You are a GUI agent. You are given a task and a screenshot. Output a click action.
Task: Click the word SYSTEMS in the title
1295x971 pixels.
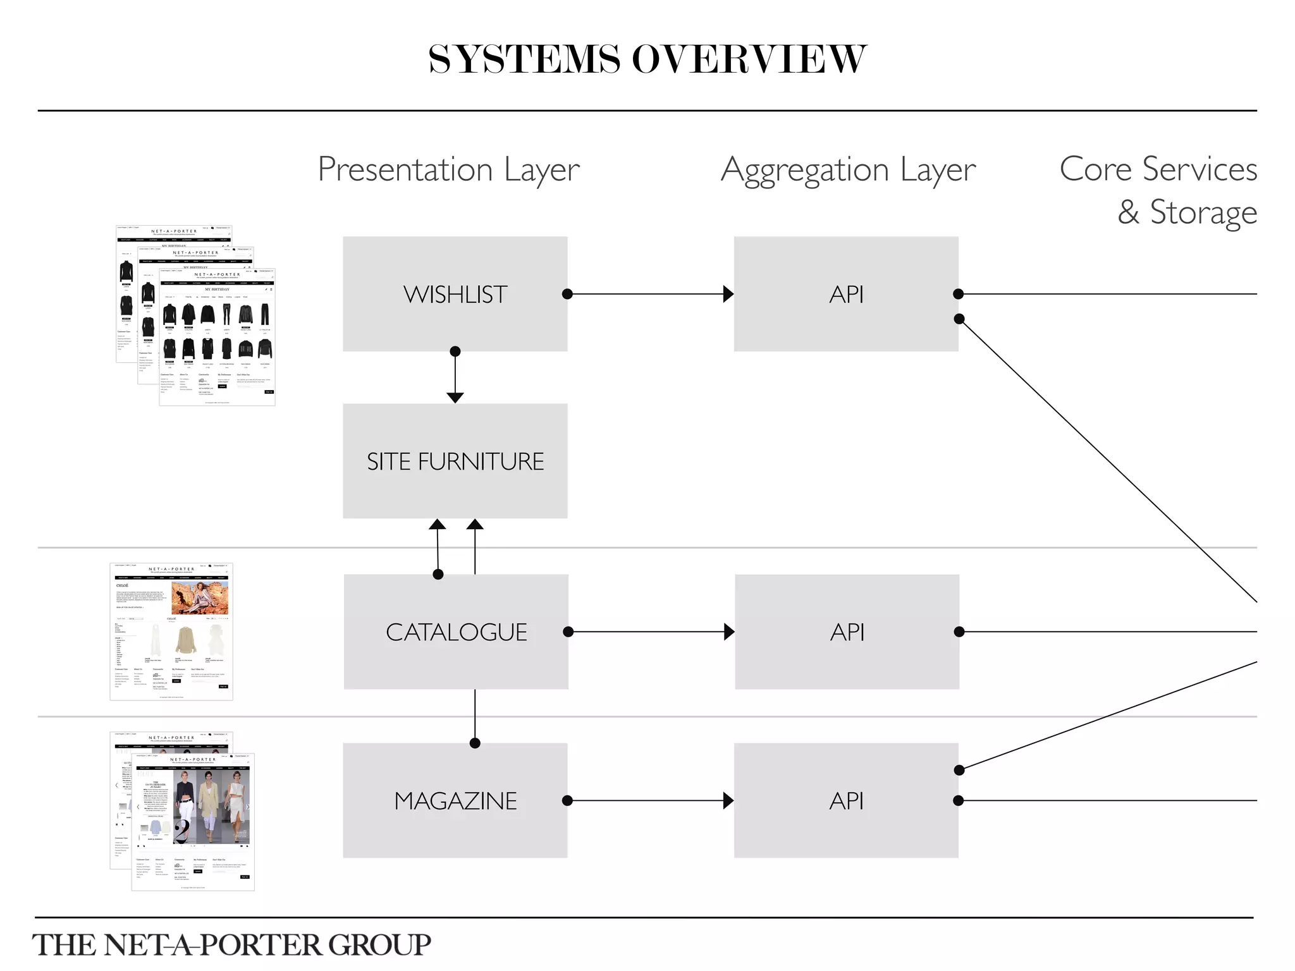point(524,60)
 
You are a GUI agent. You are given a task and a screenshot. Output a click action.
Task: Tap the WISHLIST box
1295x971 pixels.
point(455,294)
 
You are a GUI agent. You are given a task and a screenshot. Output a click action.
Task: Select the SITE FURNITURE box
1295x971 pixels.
point(455,461)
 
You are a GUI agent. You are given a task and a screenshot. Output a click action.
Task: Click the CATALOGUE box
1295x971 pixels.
point(456,632)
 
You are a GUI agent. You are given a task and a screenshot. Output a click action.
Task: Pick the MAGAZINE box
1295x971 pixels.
point(455,800)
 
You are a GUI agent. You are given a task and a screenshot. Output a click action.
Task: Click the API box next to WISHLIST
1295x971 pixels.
point(846,294)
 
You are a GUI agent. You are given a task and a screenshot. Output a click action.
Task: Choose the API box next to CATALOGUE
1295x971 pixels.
point(847,632)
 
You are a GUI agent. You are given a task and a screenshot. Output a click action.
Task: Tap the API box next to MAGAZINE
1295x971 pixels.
point(846,800)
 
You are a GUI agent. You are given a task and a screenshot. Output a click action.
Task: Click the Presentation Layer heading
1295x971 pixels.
point(448,169)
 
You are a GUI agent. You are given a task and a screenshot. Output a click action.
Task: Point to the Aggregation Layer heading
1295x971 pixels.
point(848,169)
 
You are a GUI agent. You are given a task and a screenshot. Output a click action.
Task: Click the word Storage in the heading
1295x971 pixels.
point(1203,212)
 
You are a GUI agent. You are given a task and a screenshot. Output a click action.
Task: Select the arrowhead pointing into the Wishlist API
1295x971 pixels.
point(728,294)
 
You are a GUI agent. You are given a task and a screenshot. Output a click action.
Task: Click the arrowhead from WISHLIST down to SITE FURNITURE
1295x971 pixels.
point(455,398)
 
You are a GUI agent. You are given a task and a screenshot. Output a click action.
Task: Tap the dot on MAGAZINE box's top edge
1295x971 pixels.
point(475,743)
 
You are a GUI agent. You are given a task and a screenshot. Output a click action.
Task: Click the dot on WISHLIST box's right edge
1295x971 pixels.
point(567,294)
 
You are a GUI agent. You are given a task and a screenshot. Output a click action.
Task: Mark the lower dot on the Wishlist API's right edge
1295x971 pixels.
point(959,319)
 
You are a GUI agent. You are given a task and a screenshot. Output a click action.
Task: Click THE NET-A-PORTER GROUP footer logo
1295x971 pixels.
point(231,945)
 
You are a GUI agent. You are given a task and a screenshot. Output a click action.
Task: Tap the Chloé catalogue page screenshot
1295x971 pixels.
point(171,632)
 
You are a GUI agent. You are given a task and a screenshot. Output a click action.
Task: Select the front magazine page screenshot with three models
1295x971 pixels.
point(193,822)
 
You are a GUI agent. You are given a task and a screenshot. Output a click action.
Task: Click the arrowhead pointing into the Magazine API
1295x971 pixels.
point(728,801)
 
